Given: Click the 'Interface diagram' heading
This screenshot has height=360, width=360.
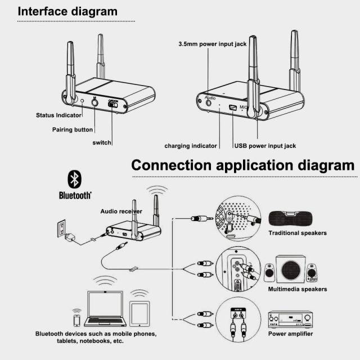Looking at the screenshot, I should point(67,11).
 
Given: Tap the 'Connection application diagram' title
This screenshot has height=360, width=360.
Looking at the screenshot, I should point(243,165).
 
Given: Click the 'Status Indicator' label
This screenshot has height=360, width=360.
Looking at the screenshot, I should point(58,115).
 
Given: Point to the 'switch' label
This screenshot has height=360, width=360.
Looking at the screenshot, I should point(102,142).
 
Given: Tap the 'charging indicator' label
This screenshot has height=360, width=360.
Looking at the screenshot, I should point(191,146).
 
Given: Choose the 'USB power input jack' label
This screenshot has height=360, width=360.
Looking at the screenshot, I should point(265,146).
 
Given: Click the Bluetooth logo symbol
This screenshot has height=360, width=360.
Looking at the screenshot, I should point(74,179).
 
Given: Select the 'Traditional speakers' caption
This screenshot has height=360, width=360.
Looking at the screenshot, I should point(298,233).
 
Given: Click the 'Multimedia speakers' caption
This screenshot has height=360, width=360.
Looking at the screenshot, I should point(298,289).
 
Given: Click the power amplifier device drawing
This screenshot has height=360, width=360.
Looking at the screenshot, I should point(289,319).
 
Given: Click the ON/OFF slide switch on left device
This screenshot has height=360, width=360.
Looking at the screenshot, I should point(114,103).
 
